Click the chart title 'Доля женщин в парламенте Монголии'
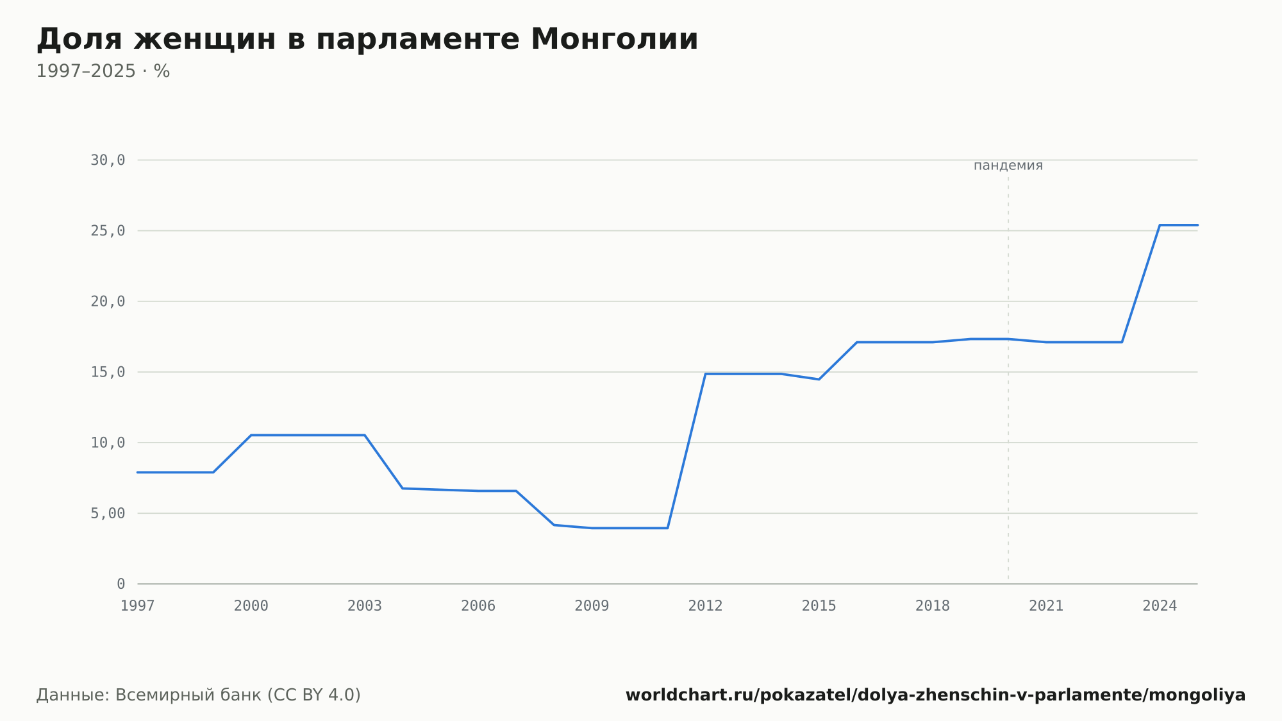pos(367,40)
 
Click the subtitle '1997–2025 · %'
pos(103,71)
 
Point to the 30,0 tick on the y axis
pos(108,160)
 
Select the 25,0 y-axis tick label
pos(108,231)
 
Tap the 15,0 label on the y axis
pos(108,372)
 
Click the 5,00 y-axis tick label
pos(108,513)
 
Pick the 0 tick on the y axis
pos(121,584)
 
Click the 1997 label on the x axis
pos(138,606)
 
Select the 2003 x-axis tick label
pos(365,606)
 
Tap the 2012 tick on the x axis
pos(705,606)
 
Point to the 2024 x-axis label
pos(1160,606)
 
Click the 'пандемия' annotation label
pos(1008,165)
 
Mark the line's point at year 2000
pos(251,435)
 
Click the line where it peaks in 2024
pos(1160,225)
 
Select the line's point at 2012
pos(705,374)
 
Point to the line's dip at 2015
pos(819,379)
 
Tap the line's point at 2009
pos(592,528)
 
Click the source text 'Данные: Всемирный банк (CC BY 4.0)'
pos(199,695)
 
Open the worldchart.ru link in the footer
pos(935,695)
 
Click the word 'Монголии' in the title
pos(614,40)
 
